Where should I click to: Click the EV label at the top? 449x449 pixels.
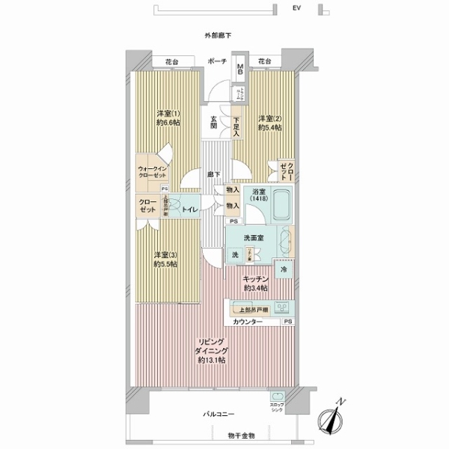click(x=296, y=8)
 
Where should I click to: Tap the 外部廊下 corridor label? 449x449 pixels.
click(x=217, y=35)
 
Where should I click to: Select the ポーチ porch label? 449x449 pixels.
click(x=218, y=61)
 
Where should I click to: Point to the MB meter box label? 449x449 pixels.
click(x=240, y=69)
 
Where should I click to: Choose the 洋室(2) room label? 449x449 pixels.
click(x=269, y=123)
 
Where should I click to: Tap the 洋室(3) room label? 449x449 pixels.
click(x=165, y=258)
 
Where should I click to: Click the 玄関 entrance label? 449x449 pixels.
click(x=213, y=122)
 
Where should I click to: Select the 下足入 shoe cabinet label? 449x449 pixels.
click(x=236, y=123)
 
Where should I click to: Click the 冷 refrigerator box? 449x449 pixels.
click(x=284, y=269)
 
